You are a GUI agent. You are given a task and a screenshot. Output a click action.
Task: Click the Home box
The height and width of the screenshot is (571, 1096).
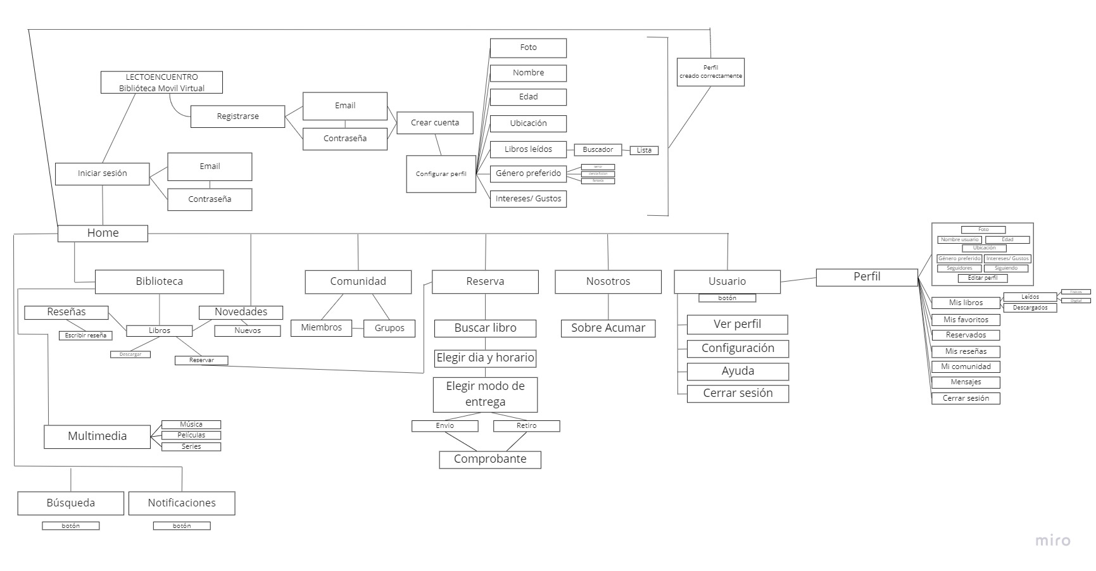point(103,233)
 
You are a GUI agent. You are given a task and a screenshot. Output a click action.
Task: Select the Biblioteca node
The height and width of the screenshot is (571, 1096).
point(159,282)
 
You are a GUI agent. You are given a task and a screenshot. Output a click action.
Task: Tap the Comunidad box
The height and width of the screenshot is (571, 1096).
point(358,282)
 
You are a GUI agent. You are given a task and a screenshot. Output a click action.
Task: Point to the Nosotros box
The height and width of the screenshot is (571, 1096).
point(608,282)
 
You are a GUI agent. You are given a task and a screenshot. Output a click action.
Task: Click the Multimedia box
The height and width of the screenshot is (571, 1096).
point(97,436)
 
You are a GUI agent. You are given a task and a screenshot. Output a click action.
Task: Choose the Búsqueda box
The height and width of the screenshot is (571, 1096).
point(70,503)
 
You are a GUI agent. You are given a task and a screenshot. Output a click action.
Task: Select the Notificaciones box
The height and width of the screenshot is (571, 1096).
point(182,503)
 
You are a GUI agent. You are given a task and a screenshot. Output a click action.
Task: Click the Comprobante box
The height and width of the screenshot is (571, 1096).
point(490,460)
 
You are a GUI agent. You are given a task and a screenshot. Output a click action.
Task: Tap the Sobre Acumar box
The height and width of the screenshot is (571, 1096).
point(608,328)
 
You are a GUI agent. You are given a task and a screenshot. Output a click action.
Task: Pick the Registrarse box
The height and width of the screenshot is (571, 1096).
point(237,116)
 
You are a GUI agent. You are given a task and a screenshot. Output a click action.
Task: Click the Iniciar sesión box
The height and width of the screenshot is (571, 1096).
point(102,173)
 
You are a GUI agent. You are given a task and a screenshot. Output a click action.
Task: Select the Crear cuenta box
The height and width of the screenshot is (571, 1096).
point(435,123)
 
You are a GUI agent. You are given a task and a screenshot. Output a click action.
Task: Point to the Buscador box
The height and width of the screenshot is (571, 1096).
point(598,150)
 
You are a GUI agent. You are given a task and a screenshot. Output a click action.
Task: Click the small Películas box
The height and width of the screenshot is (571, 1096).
point(191,436)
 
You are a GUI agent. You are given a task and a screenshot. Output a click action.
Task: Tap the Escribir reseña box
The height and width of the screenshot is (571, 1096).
point(85,336)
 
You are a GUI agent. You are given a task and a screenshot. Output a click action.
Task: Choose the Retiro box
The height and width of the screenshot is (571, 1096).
point(526,426)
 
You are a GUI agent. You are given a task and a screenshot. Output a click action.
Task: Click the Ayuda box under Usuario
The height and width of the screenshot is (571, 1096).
point(738,371)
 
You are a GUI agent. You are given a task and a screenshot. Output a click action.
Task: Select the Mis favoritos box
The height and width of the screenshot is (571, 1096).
point(966,320)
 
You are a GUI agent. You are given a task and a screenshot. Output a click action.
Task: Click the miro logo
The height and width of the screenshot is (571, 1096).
point(1052,541)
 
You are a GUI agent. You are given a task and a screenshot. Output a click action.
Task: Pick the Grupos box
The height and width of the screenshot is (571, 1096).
point(389,328)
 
